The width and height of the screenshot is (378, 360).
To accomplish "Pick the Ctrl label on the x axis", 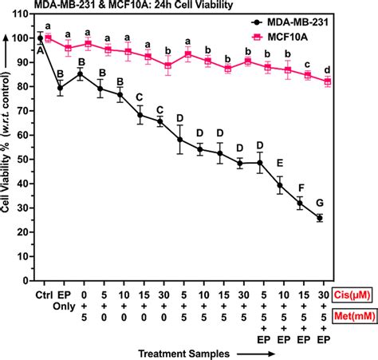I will (40, 293).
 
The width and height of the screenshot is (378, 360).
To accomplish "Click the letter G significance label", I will (321, 204).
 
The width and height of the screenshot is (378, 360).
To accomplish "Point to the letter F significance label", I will (300, 188).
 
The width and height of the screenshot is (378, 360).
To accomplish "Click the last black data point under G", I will (321, 218).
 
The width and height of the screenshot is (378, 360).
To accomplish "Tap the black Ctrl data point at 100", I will (40, 38).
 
